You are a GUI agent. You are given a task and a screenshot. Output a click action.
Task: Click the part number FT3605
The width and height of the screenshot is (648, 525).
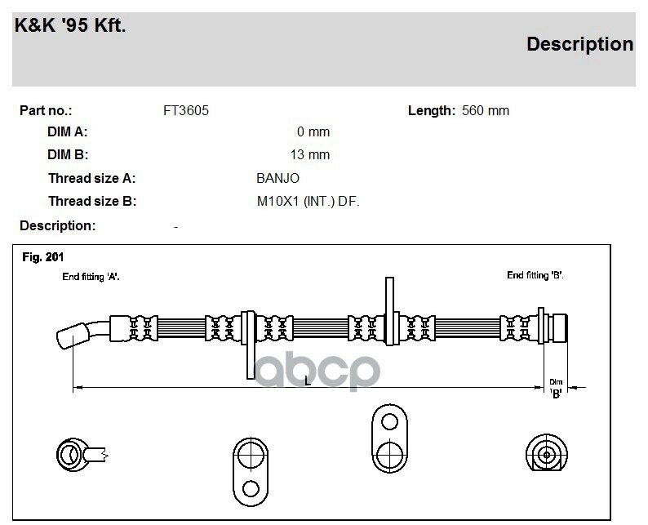click(186, 110)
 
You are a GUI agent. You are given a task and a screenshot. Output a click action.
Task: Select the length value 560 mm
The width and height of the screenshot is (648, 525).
click(485, 110)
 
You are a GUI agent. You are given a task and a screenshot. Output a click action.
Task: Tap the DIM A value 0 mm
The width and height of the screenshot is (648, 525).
click(313, 132)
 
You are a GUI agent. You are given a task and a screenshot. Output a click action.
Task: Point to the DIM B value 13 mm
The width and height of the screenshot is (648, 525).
click(310, 154)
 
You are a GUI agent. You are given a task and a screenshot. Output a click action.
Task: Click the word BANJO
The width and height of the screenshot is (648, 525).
click(277, 178)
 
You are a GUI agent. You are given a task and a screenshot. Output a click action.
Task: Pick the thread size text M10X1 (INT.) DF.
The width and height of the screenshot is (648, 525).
click(308, 202)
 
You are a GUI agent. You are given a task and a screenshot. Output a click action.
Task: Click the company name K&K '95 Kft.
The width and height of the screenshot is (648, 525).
click(70, 25)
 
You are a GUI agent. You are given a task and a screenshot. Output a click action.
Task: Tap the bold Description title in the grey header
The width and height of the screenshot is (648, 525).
click(579, 44)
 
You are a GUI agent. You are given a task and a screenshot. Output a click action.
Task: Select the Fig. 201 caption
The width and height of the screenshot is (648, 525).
click(43, 257)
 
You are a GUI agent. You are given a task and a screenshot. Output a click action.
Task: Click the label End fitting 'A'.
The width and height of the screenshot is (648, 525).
click(91, 277)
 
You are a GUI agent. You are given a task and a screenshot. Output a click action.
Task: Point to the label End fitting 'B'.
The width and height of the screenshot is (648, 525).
click(535, 275)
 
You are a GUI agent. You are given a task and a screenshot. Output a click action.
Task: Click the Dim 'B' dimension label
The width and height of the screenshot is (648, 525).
click(556, 389)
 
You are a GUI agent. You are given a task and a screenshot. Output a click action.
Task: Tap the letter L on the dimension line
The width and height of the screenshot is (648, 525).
click(308, 380)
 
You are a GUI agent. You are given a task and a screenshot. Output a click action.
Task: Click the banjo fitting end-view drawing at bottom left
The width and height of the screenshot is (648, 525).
click(82, 455)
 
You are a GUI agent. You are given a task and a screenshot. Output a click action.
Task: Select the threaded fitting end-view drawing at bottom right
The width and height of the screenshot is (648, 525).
click(546, 453)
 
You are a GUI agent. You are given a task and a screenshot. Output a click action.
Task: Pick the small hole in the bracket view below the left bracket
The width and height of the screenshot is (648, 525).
click(251, 488)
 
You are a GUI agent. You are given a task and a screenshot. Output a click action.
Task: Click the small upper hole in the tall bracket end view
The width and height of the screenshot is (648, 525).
click(389, 421)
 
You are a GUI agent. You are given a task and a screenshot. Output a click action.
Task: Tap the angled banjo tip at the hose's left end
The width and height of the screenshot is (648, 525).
click(73, 336)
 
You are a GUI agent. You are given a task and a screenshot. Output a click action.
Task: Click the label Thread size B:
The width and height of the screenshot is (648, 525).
click(92, 202)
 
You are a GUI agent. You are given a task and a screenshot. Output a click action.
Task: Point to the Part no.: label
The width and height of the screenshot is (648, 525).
click(46, 110)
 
